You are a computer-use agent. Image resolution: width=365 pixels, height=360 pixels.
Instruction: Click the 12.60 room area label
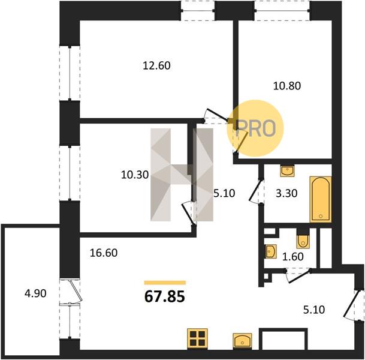pos(156,65)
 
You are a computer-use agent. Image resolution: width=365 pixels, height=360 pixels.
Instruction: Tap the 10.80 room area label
pos(287,86)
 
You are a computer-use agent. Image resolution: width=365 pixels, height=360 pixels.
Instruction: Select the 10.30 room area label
pos(135,175)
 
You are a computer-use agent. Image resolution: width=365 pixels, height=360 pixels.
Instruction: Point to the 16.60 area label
pos(104,253)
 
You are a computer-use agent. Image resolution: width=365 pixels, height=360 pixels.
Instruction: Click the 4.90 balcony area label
pos(35,293)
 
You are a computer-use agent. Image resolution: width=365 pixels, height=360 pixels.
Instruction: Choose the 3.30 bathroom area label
pos(286,193)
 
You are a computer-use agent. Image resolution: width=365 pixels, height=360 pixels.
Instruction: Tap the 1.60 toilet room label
pos(293,257)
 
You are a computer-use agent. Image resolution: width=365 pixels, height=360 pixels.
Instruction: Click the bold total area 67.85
pos(165,297)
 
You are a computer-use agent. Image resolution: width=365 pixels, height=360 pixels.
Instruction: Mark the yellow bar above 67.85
pos(165,283)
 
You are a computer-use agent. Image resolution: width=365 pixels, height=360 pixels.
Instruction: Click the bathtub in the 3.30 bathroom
pos(321,199)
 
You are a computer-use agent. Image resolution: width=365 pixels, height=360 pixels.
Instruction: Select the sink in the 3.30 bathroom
pos(288,171)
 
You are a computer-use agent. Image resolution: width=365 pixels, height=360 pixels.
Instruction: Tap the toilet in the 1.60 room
pos(303,240)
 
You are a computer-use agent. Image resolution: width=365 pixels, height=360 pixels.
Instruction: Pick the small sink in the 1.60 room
pos(271,251)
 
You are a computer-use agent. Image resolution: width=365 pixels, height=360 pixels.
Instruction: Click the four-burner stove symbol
pos(197,338)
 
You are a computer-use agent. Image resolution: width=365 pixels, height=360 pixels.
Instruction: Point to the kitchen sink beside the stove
pos(242,341)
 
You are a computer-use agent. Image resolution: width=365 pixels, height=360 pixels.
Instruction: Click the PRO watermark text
pos(255,128)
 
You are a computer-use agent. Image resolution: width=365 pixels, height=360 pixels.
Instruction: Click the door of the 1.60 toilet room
pos(298,275)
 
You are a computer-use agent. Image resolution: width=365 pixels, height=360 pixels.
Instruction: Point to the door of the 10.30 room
pos(189,214)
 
